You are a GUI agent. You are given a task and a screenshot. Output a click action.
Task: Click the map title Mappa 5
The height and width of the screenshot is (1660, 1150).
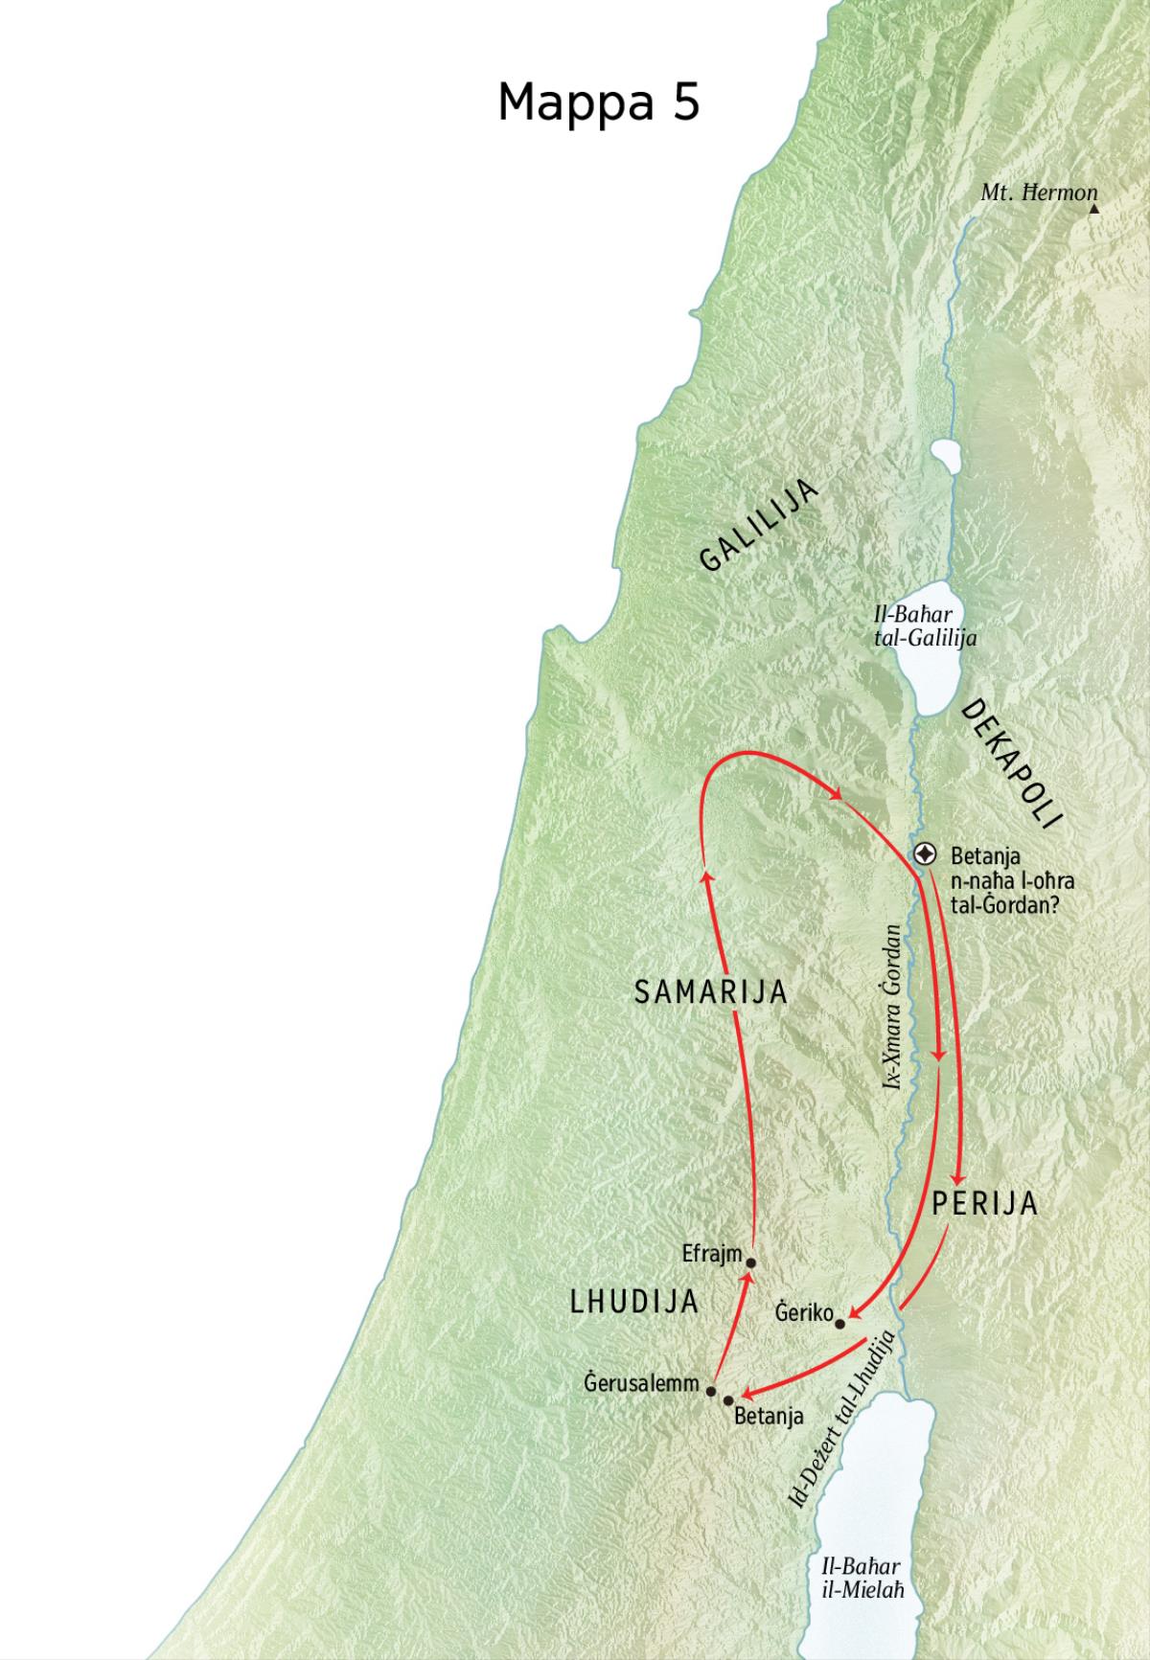[x=599, y=102]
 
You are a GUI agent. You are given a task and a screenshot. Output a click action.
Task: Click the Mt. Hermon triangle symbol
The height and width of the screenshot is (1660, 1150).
[x=1093, y=207]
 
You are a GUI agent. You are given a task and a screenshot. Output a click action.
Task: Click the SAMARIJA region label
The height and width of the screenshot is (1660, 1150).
[x=711, y=992]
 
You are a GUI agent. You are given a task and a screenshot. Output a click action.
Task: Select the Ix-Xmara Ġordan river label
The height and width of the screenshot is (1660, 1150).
[x=893, y=1007]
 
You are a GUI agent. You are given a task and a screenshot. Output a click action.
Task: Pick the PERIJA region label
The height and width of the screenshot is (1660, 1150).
[x=985, y=1204]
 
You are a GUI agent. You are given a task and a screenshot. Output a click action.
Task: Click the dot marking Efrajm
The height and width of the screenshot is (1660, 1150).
[x=751, y=1262]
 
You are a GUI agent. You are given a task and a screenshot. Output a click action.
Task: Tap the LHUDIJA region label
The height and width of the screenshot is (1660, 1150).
[x=633, y=1302]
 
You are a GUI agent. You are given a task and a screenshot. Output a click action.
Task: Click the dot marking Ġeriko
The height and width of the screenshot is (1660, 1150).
[x=840, y=1324]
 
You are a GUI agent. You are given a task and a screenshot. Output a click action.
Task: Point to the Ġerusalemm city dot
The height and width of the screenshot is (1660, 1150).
[x=711, y=1390]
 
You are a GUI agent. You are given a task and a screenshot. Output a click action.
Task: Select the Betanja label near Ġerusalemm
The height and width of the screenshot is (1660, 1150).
[x=769, y=1415]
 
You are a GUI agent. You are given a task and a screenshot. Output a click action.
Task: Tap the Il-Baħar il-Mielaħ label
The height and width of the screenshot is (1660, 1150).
[x=861, y=1577]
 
